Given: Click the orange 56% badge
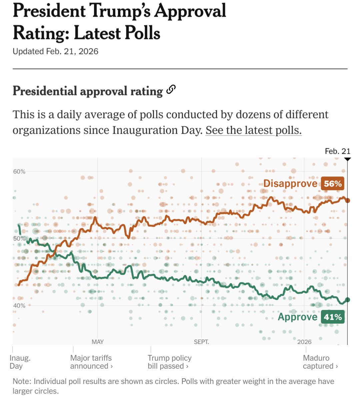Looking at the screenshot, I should click(x=333, y=184).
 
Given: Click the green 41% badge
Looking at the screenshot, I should click(x=333, y=317).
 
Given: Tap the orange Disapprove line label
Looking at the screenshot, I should click(x=290, y=183).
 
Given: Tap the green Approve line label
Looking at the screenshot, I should click(x=297, y=317).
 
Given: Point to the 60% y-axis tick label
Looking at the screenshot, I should click(x=19, y=171).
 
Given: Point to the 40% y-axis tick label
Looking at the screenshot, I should click(x=19, y=306).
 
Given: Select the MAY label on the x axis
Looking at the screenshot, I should click(x=98, y=342).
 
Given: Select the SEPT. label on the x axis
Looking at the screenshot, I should click(x=201, y=342).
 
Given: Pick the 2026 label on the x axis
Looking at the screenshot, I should click(x=304, y=342).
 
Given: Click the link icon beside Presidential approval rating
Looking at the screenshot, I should click(x=171, y=90).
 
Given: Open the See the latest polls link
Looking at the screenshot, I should click(x=253, y=130).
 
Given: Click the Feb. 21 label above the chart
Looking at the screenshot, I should click(x=337, y=151).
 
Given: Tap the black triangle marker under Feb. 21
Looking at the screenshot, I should click(x=347, y=159).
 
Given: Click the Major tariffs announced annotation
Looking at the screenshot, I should click(x=91, y=362).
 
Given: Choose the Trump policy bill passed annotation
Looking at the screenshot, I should click(x=169, y=362).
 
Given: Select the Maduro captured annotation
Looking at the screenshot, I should click(x=320, y=362).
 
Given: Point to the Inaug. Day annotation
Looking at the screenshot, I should click(x=20, y=362).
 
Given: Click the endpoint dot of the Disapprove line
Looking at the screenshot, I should click(x=347, y=200).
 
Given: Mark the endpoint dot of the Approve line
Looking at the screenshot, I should click(x=347, y=300).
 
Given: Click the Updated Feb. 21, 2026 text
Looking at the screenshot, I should click(x=55, y=51).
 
